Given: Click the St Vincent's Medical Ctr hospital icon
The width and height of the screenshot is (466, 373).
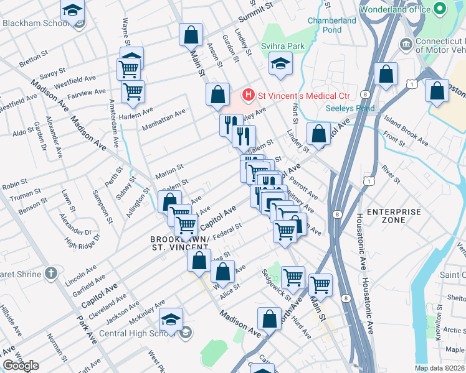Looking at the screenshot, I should pyautogui.click(x=249, y=95).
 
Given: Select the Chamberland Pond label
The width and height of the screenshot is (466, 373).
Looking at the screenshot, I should pyautogui.click(x=332, y=25).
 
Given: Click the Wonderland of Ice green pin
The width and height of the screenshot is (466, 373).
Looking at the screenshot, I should pyautogui.click(x=440, y=9).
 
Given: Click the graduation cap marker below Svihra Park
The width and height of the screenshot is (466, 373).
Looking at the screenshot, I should pyautogui.click(x=280, y=63).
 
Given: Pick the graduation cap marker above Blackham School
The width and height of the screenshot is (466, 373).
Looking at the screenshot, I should pyautogui.click(x=73, y=11).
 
